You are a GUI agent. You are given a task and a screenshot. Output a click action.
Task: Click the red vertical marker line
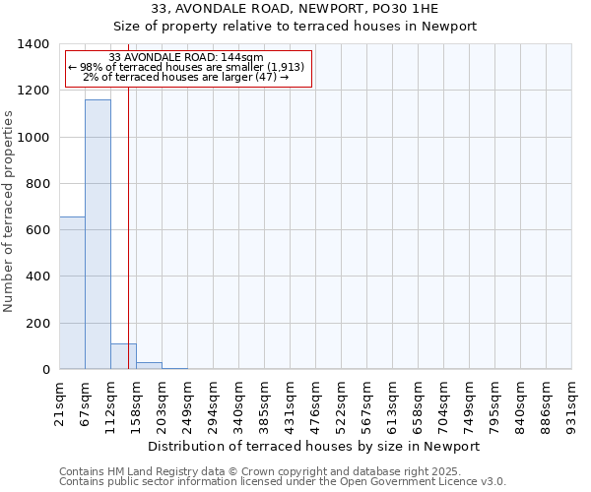128,246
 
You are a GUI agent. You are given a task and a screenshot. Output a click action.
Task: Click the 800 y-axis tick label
37,184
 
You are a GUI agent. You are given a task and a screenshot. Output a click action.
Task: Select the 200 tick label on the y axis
37,324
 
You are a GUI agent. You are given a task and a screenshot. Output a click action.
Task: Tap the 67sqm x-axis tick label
85,402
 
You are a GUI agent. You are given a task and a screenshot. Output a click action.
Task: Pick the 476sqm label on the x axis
315,404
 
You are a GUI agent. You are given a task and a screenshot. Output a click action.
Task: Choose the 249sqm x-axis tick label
187,404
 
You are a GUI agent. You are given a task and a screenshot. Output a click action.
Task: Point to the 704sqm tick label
443,404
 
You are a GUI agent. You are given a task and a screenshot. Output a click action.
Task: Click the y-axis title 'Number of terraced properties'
10,212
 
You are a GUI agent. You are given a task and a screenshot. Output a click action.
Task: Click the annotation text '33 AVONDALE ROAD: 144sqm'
186,58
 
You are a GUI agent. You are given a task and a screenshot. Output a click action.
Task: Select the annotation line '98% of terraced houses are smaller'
186,67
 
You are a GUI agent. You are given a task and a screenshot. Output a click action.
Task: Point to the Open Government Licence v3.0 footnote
283,482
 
